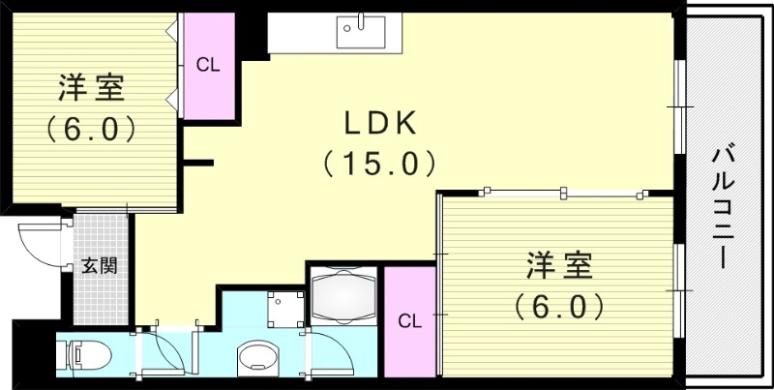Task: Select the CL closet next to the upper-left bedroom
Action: click(208, 65)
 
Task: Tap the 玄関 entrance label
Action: click(99, 264)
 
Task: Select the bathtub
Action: click(342, 295)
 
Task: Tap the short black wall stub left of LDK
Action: click(199, 162)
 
